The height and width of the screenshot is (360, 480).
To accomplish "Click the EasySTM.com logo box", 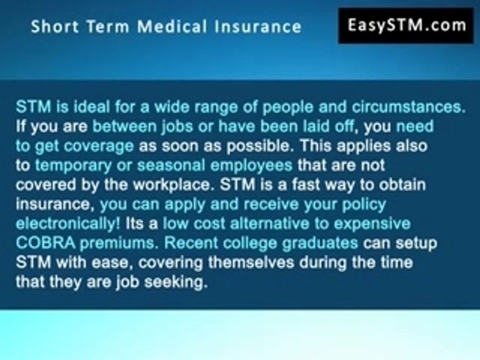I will pyautogui.click(x=406, y=25).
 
